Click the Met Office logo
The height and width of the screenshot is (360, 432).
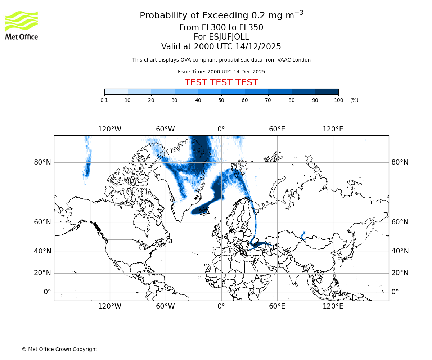point(22,25)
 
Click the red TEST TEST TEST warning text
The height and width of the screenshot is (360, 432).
point(221,83)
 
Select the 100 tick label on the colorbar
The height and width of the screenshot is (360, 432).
point(338,100)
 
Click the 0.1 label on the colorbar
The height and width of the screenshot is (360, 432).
point(104,100)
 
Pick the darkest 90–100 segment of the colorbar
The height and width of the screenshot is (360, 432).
point(327,92)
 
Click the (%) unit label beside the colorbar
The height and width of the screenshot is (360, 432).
point(354,100)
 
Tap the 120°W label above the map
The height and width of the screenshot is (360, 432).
point(109,129)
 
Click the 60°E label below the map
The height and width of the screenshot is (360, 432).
point(277,306)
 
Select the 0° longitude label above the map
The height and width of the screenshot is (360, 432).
point(221,129)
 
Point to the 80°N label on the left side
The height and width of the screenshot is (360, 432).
point(42,162)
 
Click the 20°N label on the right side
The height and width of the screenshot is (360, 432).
point(400,273)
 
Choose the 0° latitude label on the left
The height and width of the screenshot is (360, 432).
point(47,292)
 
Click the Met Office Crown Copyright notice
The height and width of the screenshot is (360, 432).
point(59,349)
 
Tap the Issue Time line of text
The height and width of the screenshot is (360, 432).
point(221,72)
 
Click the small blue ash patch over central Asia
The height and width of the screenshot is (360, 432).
point(303,236)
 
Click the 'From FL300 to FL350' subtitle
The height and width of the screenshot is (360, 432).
point(221,28)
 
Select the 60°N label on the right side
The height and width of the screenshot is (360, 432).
point(400,222)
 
